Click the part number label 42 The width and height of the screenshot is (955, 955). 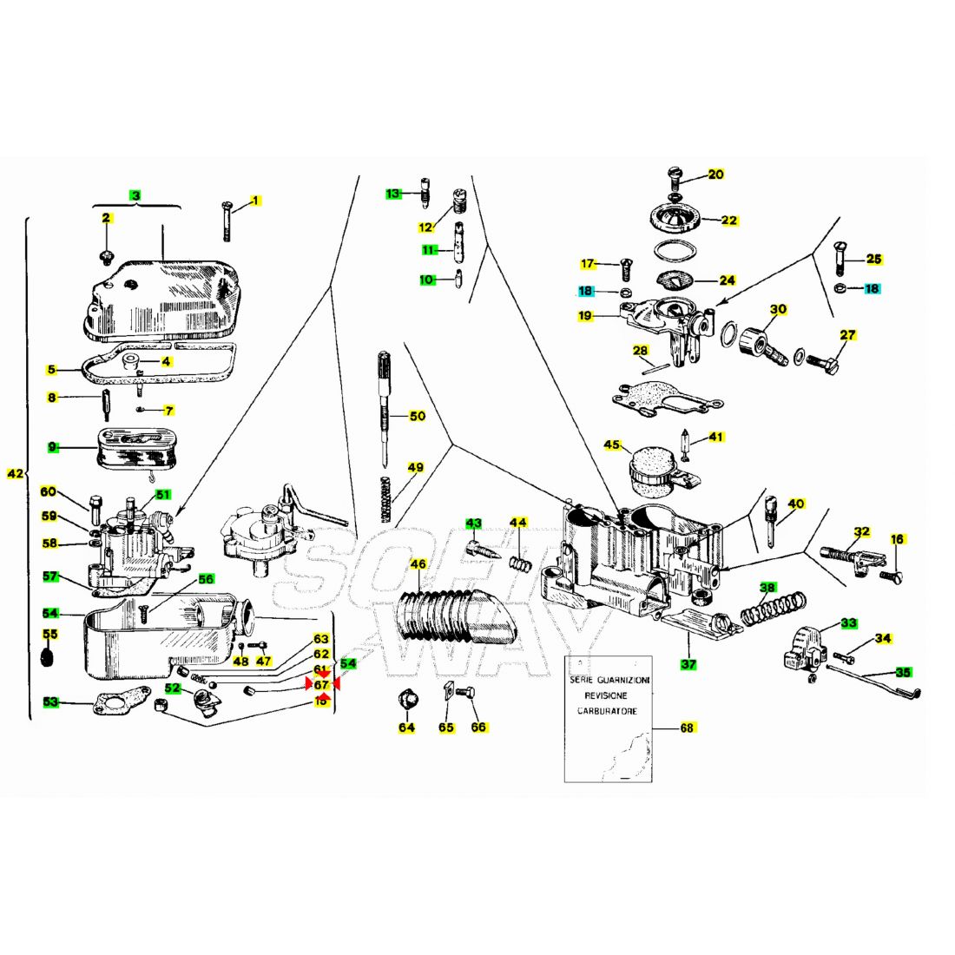[x=16, y=474]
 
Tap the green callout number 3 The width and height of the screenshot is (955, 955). [x=135, y=195]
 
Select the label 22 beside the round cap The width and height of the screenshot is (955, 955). [x=729, y=221]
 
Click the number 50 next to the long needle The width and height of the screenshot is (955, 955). [x=418, y=416]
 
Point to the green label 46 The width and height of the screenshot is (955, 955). [x=418, y=564]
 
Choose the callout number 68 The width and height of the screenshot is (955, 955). [x=687, y=728]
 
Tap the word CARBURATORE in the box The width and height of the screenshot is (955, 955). [x=608, y=711]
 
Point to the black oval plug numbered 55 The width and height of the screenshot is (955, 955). [x=49, y=657]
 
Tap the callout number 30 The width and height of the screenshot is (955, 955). [x=778, y=309]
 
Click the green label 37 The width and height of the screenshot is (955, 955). [x=688, y=664]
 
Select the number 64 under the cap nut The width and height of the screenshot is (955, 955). [x=406, y=728]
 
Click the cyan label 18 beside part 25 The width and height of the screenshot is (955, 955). [x=872, y=288]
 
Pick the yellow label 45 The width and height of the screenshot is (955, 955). [x=613, y=445]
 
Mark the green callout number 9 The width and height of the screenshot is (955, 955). [x=53, y=447]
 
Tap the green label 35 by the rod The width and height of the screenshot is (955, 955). [x=903, y=672]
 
